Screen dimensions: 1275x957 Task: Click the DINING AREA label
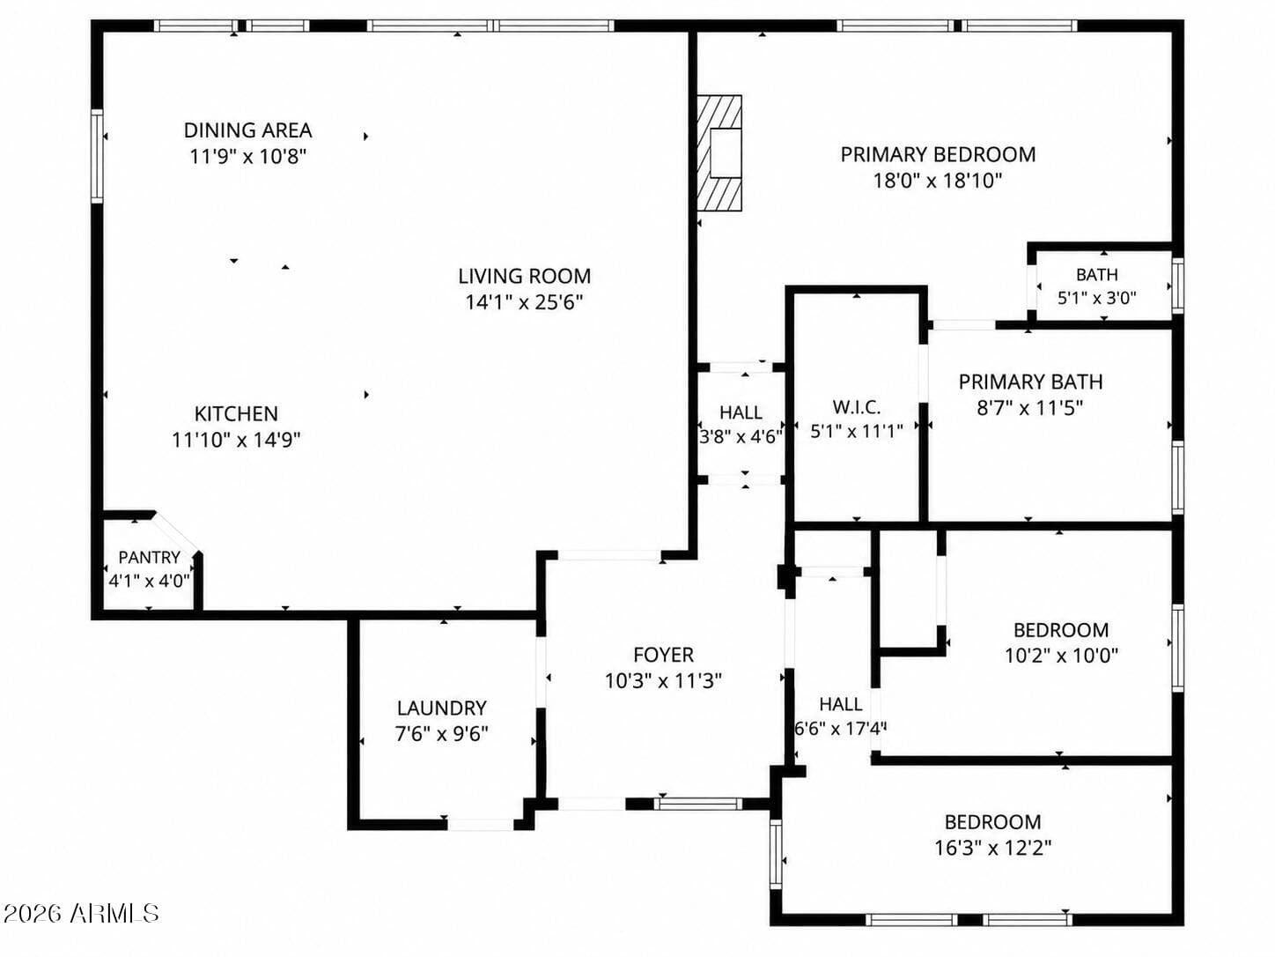(248, 130)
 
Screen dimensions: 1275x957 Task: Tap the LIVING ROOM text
(525, 276)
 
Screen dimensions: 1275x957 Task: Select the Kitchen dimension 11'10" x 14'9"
(236, 440)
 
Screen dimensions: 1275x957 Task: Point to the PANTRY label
(150, 557)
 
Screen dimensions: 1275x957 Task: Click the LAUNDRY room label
(441, 708)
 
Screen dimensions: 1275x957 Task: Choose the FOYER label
(663, 655)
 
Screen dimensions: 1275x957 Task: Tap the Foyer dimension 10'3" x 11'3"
(663, 680)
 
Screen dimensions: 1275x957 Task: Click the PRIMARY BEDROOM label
(938, 154)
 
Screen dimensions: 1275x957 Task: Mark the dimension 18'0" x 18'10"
(938, 181)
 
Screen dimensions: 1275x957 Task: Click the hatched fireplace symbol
(719, 152)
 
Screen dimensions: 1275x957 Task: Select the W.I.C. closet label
(857, 407)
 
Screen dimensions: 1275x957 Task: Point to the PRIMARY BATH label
(1030, 382)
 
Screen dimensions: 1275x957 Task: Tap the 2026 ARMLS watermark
(81, 914)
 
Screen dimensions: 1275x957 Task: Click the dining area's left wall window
(97, 156)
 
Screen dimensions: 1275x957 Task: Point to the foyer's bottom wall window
(697, 805)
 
